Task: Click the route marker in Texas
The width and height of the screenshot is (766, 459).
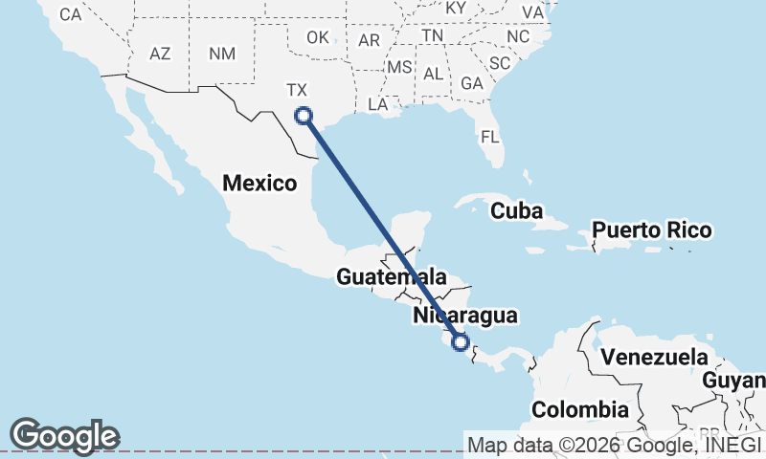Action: (x=304, y=116)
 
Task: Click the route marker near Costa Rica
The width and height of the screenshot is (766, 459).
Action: (x=461, y=341)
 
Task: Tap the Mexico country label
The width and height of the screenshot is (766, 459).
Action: (x=259, y=183)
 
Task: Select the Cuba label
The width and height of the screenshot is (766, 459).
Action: (x=516, y=210)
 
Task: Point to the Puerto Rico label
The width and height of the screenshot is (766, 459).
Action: (x=651, y=230)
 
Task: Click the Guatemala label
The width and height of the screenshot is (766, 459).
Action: (x=392, y=277)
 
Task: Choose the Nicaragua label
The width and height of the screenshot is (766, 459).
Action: (x=465, y=315)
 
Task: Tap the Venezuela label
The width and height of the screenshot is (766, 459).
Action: (x=654, y=359)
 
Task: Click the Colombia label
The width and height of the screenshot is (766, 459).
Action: (x=580, y=409)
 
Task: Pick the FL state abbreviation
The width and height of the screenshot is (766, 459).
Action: (x=490, y=137)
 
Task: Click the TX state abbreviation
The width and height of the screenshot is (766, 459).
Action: (x=297, y=90)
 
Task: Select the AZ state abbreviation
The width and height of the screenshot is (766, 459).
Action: (x=160, y=54)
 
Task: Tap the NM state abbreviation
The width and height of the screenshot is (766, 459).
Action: (x=221, y=54)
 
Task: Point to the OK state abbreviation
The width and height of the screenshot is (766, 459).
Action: (x=318, y=37)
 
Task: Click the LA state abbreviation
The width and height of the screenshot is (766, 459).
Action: (x=377, y=102)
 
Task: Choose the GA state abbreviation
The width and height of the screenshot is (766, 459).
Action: (x=470, y=83)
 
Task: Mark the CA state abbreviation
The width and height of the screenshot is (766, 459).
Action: (x=70, y=14)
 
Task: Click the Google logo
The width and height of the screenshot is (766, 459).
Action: (x=64, y=435)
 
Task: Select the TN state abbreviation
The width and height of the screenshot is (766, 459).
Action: (x=433, y=35)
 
